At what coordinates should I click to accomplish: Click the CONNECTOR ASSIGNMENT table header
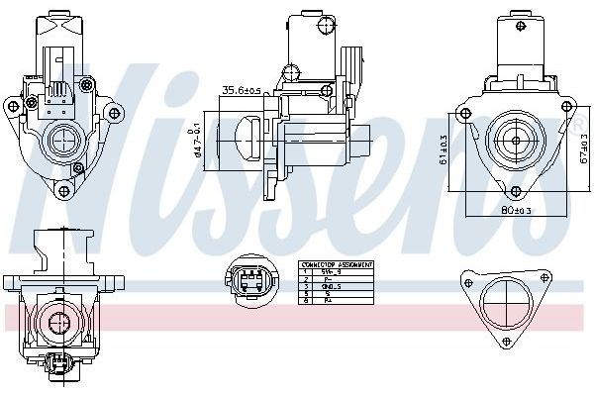tap(337, 265)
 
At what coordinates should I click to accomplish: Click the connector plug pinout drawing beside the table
tap(250, 280)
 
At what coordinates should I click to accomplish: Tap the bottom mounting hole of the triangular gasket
tap(507, 343)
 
